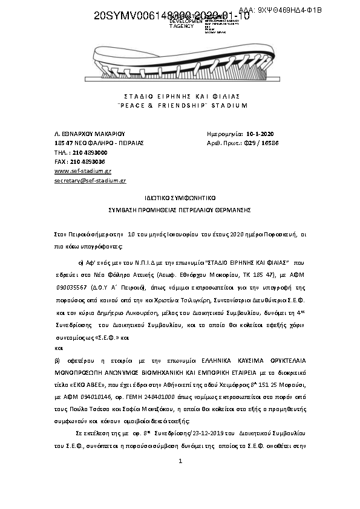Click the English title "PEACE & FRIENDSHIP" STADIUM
182,105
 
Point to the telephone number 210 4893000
88,153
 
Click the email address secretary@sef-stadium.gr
90,181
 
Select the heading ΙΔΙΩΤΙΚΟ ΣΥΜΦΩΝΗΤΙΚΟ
180,198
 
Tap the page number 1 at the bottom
180,462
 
